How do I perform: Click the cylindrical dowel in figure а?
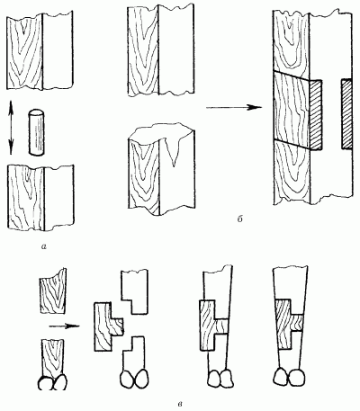(x=37, y=132)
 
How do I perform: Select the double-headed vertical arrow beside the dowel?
(x=11, y=127)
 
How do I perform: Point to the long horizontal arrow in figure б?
(x=232, y=107)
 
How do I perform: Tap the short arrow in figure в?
(x=65, y=326)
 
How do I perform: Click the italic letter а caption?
(x=44, y=246)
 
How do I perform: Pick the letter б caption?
(x=239, y=219)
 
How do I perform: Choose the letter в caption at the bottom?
(x=179, y=403)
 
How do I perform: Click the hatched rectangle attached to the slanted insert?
(x=316, y=115)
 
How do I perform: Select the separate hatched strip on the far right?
(x=346, y=114)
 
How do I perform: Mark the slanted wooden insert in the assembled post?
(x=292, y=110)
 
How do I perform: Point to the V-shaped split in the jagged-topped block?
(x=173, y=152)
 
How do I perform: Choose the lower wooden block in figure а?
(x=40, y=198)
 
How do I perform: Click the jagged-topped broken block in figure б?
(x=161, y=169)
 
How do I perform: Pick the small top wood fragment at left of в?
(x=53, y=290)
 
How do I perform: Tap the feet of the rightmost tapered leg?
(x=288, y=377)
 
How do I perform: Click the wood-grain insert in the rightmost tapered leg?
(x=290, y=325)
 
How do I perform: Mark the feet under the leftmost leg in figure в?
(x=53, y=381)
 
